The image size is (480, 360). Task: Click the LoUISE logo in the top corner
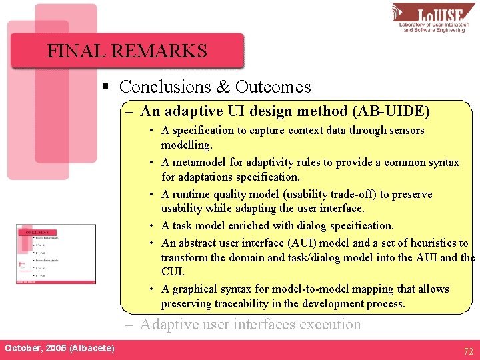coord(433,17)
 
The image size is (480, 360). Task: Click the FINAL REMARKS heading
coord(127,51)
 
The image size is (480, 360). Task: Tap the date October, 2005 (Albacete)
coord(59,349)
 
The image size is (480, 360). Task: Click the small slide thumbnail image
coord(56,255)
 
